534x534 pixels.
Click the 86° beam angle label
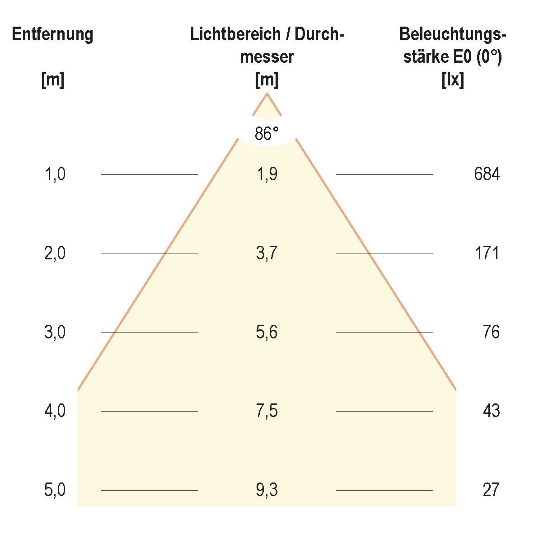click(x=267, y=134)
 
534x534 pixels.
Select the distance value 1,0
click(x=55, y=174)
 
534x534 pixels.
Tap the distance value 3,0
click(x=55, y=333)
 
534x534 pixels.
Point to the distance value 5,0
click(x=55, y=490)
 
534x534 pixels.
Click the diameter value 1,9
click(x=267, y=174)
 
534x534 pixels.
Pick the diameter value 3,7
click(x=267, y=253)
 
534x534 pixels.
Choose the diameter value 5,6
click(x=267, y=333)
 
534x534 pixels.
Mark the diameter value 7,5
click(x=267, y=411)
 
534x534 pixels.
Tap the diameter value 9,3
click(x=267, y=490)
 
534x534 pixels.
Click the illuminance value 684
click(x=487, y=174)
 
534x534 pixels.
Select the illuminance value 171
click(x=487, y=253)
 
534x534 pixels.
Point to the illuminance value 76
click(x=491, y=333)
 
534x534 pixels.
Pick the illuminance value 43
click(x=491, y=411)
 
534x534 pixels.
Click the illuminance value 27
click(x=491, y=490)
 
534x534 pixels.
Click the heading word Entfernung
click(x=53, y=34)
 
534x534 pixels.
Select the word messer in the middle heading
click(x=267, y=57)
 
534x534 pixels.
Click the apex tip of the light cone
click(x=267, y=94)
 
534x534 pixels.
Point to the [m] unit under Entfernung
click(x=53, y=80)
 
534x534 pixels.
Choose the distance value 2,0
click(x=55, y=253)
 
